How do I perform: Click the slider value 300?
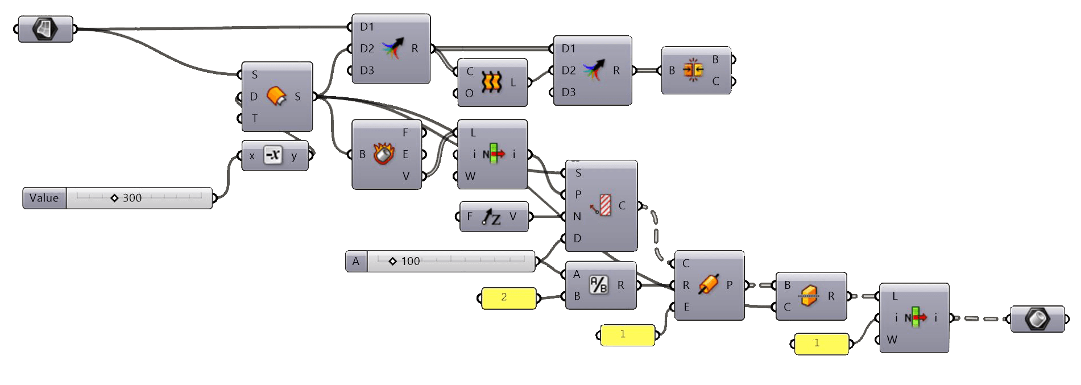132,198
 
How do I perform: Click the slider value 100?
410,261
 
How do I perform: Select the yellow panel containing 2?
508,297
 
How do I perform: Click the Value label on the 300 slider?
44,198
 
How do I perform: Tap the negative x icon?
273,155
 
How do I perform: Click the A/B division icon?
598,285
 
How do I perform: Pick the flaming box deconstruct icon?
384,154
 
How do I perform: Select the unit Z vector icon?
491,217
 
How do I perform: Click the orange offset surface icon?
276,96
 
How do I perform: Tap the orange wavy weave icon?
491,82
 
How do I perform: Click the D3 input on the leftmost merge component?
367,71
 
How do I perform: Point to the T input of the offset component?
254,118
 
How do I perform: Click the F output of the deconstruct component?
405,133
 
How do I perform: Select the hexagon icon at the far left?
45,28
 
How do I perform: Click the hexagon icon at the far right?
1037,318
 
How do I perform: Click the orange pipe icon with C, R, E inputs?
708,285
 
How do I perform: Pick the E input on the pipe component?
686,307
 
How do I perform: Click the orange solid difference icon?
809,296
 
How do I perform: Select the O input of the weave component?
469,93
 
